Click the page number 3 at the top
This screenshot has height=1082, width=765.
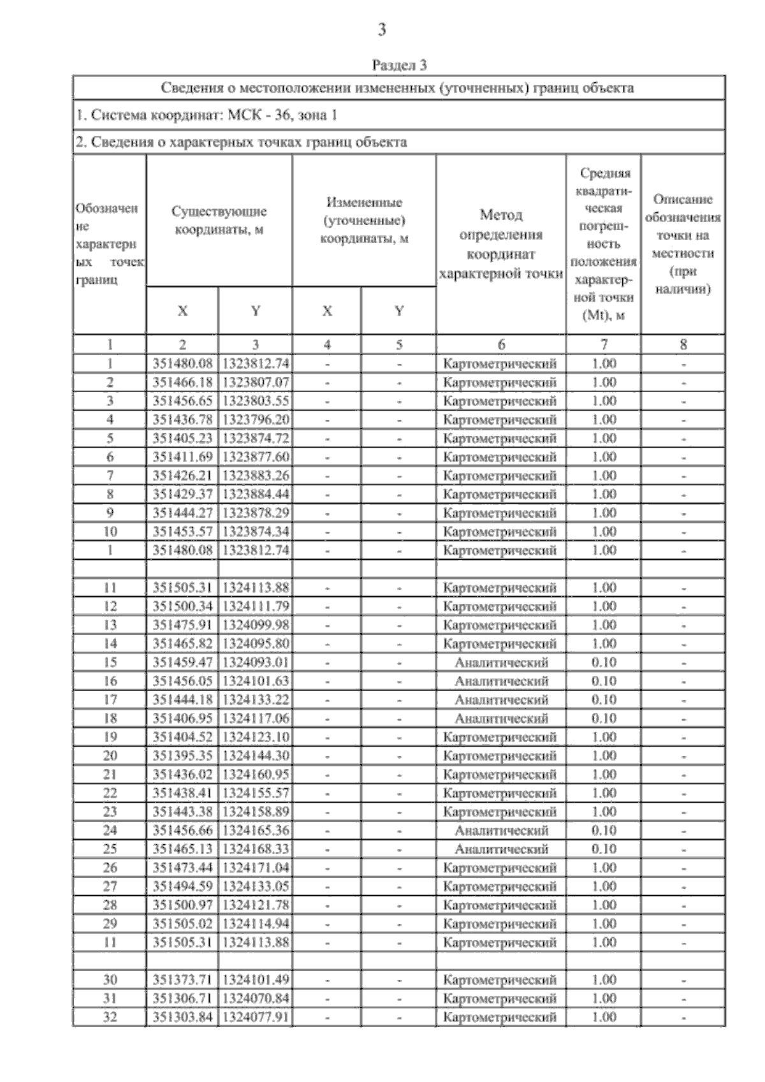pyautogui.click(x=382, y=30)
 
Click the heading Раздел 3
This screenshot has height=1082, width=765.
pyautogui.click(x=399, y=65)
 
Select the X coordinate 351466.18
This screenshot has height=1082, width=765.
pyautogui.click(x=182, y=383)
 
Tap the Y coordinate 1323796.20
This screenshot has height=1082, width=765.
pyautogui.click(x=255, y=420)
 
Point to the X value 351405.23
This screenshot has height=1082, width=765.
pyautogui.click(x=182, y=439)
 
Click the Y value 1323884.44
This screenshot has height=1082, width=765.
pyautogui.click(x=255, y=494)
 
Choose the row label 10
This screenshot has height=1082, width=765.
pyautogui.click(x=110, y=532)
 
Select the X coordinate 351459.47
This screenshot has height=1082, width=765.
pyautogui.click(x=182, y=662)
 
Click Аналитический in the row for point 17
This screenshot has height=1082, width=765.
pyautogui.click(x=501, y=700)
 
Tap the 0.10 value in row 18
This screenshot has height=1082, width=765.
pyautogui.click(x=604, y=719)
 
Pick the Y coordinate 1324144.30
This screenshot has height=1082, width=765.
pyautogui.click(x=255, y=756)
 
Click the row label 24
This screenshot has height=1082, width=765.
pyautogui.click(x=110, y=831)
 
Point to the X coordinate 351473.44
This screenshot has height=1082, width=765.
pyautogui.click(x=182, y=868)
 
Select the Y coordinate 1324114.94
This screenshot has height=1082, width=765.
pyautogui.click(x=255, y=924)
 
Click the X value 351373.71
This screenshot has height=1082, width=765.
pyautogui.click(x=182, y=980)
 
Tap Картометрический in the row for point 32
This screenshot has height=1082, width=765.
pyautogui.click(x=501, y=1017)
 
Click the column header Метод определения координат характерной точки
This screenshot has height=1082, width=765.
pyautogui.click(x=501, y=244)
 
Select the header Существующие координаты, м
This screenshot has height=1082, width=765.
pyautogui.click(x=219, y=221)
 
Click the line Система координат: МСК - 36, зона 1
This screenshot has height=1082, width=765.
pyautogui.click(x=207, y=115)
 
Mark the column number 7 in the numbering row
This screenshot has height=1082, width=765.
pyautogui.click(x=604, y=345)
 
